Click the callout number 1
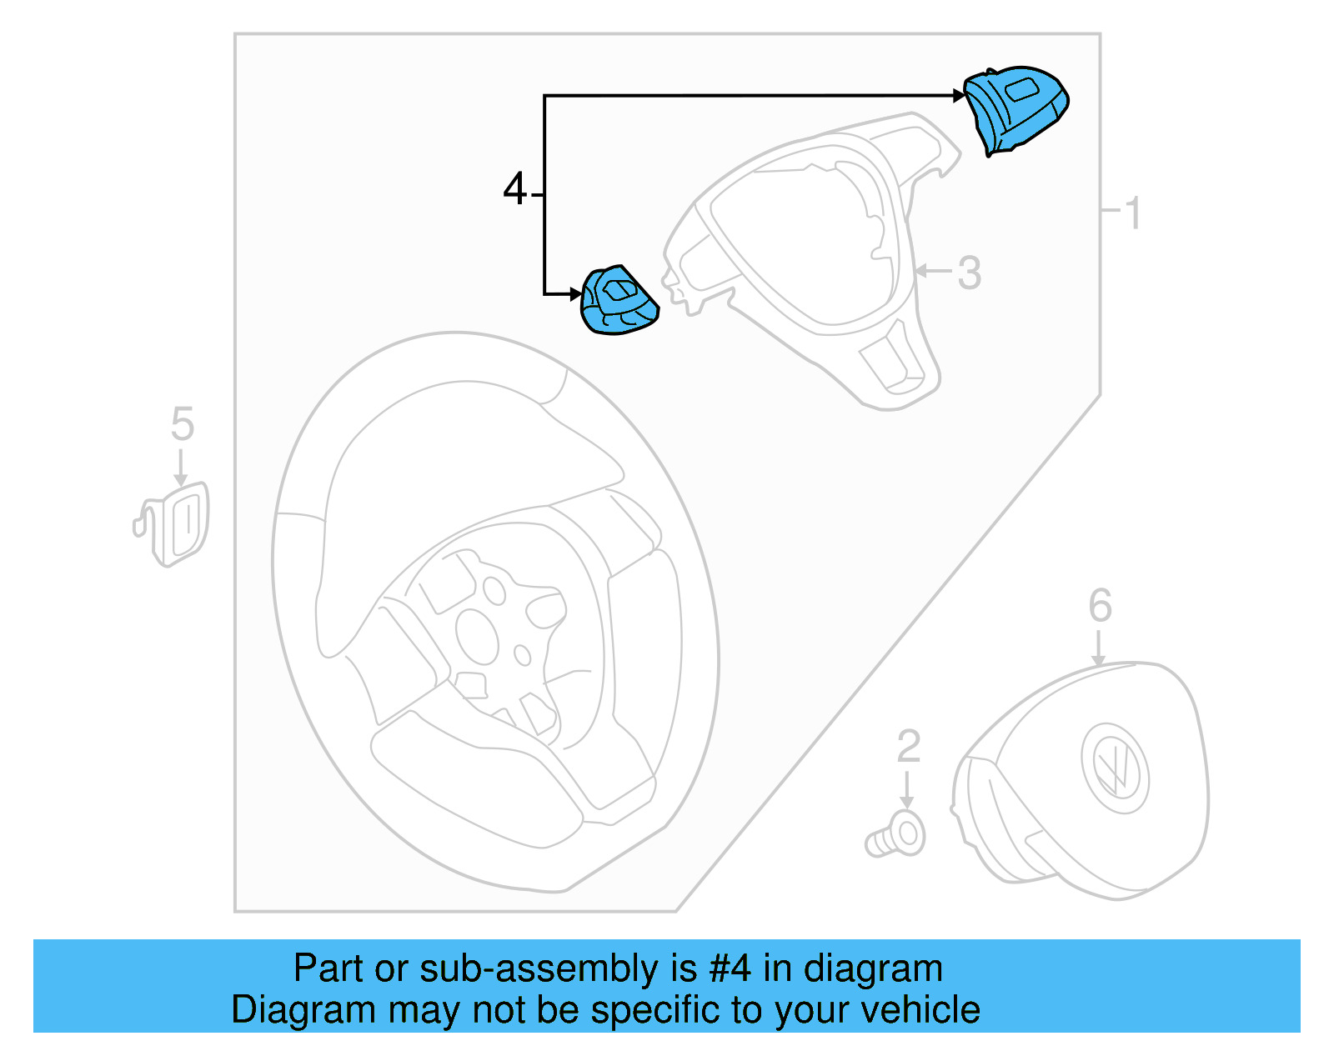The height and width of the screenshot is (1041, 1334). (x=1132, y=213)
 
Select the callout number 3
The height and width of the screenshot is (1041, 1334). (x=969, y=273)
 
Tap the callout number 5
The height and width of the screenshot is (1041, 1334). (x=182, y=424)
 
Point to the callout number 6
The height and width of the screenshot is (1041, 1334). (x=1100, y=605)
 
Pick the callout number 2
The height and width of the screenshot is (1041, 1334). (x=908, y=746)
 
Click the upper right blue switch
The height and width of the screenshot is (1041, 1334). (x=1016, y=108)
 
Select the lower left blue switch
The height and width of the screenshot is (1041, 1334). (x=619, y=300)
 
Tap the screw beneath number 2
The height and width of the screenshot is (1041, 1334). (x=896, y=836)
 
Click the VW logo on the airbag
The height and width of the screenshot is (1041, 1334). (x=1115, y=766)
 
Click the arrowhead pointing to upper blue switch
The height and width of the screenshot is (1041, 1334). (x=959, y=96)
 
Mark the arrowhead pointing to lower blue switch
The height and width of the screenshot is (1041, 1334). (x=575, y=293)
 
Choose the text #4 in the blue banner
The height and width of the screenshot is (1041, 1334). (x=730, y=969)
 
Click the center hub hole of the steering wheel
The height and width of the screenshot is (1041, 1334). (x=478, y=637)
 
